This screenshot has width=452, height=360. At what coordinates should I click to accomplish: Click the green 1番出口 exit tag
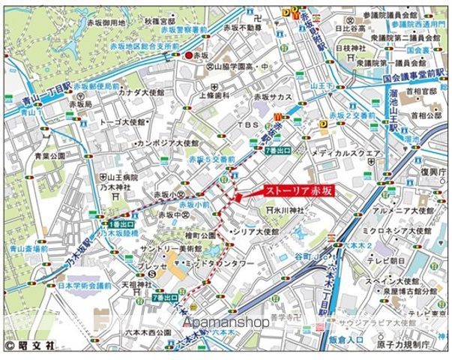pyautogui.click(x=122, y=224)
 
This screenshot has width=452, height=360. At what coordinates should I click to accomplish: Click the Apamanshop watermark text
pyautogui.click(x=225, y=322)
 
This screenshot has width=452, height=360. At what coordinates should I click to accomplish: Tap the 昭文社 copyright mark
pyautogui.click(x=30, y=346)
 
